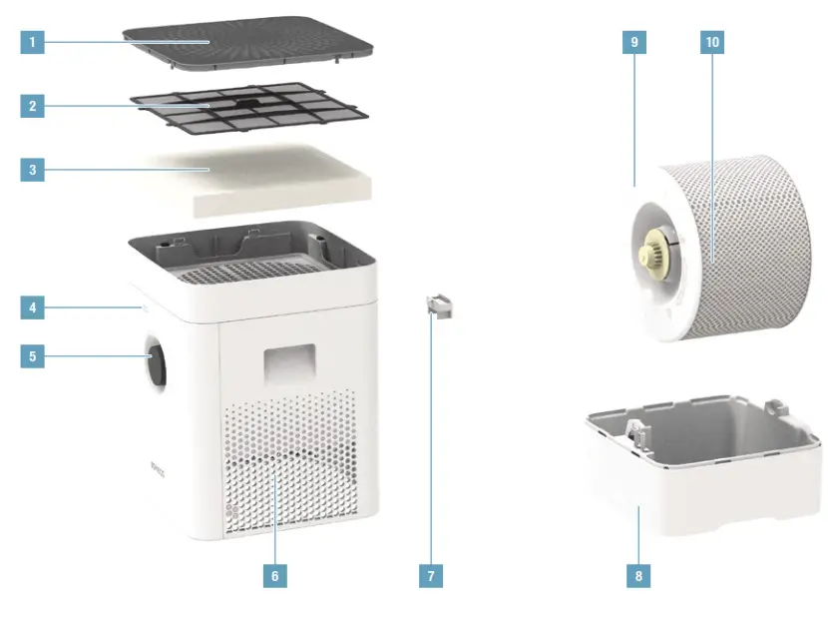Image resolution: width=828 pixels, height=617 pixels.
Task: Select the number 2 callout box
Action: pos(33,106)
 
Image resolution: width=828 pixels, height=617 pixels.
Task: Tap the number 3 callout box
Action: pos(33,170)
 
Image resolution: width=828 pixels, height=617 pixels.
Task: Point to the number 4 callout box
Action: pos(33,308)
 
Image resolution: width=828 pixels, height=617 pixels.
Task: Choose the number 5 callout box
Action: pos(33,355)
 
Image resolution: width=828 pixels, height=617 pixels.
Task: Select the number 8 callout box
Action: pos(638,576)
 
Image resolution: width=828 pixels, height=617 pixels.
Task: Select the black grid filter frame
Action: pos(249,107)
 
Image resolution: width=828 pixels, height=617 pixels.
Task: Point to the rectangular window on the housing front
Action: pos(289,363)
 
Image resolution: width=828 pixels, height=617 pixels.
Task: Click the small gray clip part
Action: pos(439,307)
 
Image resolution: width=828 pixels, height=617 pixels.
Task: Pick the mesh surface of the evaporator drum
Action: pos(758,250)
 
